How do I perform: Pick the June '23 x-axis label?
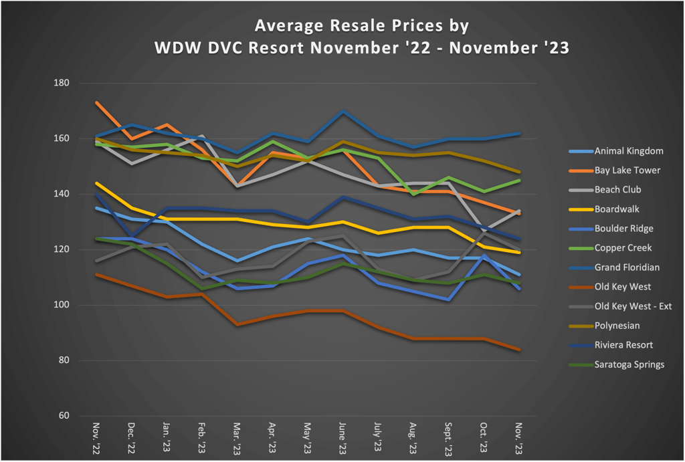pyautogui.click(x=342, y=439)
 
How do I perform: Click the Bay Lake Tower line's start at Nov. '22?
pyautogui.click(x=98, y=103)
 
